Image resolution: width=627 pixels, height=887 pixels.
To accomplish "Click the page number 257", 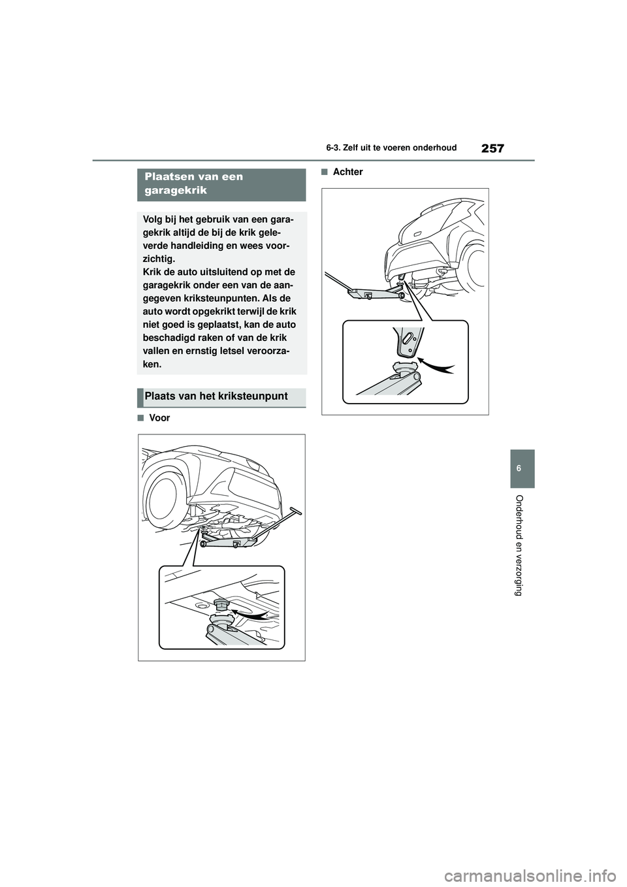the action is pos(493,148).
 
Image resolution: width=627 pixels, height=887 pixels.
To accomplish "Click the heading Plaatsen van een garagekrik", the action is pos(194,184).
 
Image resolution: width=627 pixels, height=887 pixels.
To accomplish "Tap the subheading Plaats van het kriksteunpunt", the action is pos(216,396).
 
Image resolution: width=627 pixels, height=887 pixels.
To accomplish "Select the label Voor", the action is pos(160,418).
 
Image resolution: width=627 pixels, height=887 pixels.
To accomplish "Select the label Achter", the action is pos(348,172).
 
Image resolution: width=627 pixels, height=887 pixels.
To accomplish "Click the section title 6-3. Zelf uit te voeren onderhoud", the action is pos(391,148).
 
